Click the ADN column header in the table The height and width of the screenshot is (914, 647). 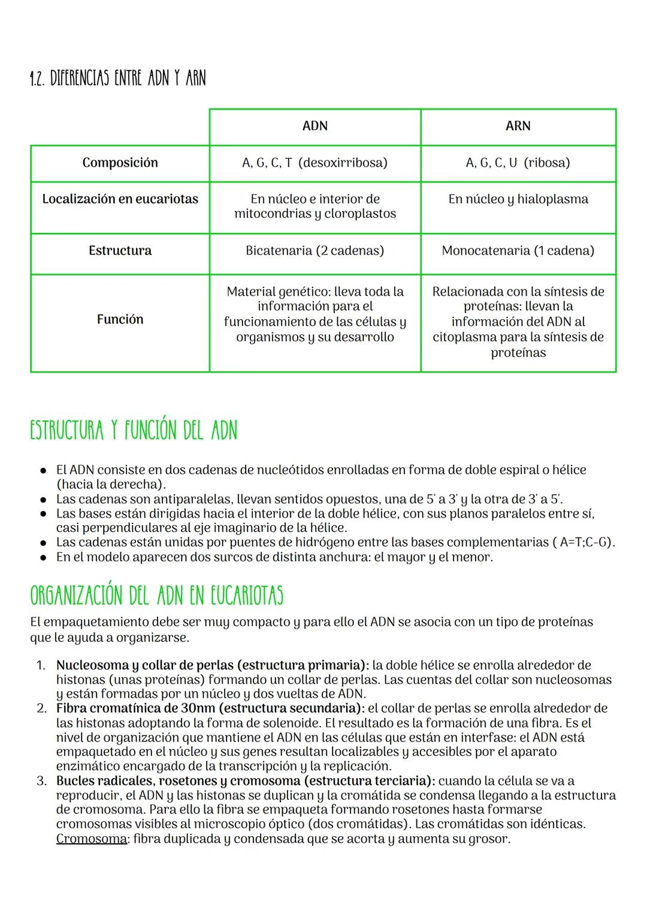[315, 126]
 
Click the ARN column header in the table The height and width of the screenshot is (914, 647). [518, 126]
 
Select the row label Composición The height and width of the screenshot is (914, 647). [120, 163]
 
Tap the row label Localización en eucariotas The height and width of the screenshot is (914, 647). [120, 199]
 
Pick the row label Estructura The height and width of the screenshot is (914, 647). [120, 251]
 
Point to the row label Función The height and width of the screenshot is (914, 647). [120, 320]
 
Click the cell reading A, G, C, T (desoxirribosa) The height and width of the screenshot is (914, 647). [315, 163]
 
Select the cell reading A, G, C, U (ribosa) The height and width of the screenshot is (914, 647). [518, 163]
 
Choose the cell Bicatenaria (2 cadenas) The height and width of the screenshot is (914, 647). [315, 251]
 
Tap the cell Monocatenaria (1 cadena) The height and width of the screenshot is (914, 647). [518, 251]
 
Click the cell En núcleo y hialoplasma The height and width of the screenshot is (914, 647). [518, 199]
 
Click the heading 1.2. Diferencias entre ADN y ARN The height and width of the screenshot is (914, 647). [117, 78]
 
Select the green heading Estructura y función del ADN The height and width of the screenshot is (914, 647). [133, 431]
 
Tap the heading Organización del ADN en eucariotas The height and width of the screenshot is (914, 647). [156, 596]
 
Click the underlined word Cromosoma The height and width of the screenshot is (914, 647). [91, 839]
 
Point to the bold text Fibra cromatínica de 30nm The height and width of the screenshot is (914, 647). [136, 709]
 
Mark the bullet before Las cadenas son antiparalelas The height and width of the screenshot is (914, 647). [44, 500]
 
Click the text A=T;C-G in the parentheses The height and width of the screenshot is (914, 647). [584, 543]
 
